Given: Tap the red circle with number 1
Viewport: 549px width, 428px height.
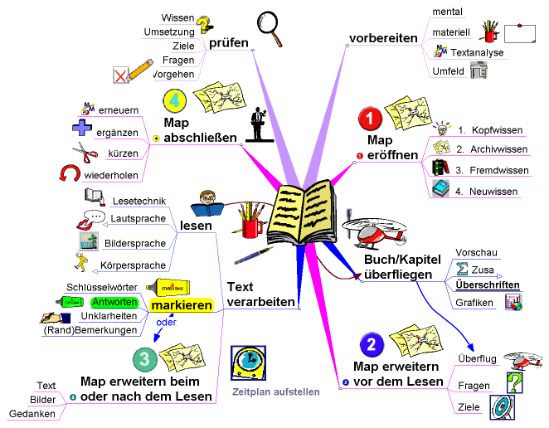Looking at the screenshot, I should click(x=368, y=119).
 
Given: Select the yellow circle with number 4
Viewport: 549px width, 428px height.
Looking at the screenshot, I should click(x=173, y=101).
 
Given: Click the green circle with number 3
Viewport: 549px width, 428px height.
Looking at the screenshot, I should click(x=144, y=359).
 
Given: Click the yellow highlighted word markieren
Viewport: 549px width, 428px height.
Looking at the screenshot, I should click(x=181, y=306).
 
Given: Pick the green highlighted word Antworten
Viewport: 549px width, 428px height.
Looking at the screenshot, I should click(x=114, y=301).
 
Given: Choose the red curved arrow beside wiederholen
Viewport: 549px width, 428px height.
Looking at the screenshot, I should click(x=69, y=173).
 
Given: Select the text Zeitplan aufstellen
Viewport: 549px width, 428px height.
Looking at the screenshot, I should click(x=276, y=392).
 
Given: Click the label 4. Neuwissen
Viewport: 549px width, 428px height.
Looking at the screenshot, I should click(x=487, y=191).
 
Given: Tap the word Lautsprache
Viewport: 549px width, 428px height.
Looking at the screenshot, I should click(x=139, y=219).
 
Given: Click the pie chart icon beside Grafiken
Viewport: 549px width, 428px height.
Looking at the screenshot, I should click(x=513, y=303).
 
